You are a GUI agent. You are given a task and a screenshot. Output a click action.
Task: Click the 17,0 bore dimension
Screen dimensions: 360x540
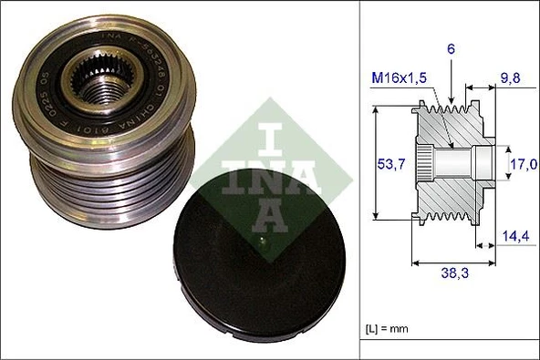(521, 166)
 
